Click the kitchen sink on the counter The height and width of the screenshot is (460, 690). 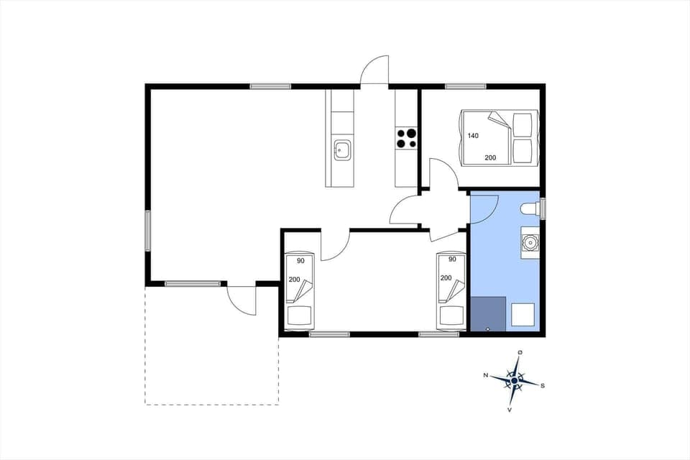pyautogui.click(x=342, y=151)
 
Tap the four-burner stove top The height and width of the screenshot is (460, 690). pyautogui.click(x=406, y=138)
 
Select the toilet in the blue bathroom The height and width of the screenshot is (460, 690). pyautogui.click(x=530, y=209)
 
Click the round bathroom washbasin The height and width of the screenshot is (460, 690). pyautogui.click(x=530, y=242)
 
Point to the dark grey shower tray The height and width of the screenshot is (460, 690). pyautogui.click(x=488, y=314)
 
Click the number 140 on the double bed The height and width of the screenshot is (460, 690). pyautogui.click(x=473, y=136)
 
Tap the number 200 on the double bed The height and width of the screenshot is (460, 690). pyautogui.click(x=490, y=157)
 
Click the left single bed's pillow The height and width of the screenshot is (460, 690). pyautogui.click(x=298, y=316)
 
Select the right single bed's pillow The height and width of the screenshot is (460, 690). pyautogui.click(x=451, y=316)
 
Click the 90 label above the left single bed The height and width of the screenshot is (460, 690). pyautogui.click(x=300, y=260)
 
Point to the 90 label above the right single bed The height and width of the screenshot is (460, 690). pyautogui.click(x=452, y=259)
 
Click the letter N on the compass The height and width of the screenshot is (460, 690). pyautogui.click(x=486, y=375)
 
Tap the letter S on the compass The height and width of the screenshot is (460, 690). pyautogui.click(x=543, y=385)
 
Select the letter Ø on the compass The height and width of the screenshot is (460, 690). pyautogui.click(x=520, y=352)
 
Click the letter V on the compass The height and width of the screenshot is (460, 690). pyautogui.click(x=510, y=410)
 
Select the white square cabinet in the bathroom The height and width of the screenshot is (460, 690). pyautogui.click(x=523, y=315)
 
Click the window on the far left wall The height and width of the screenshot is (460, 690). pyautogui.click(x=148, y=230)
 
